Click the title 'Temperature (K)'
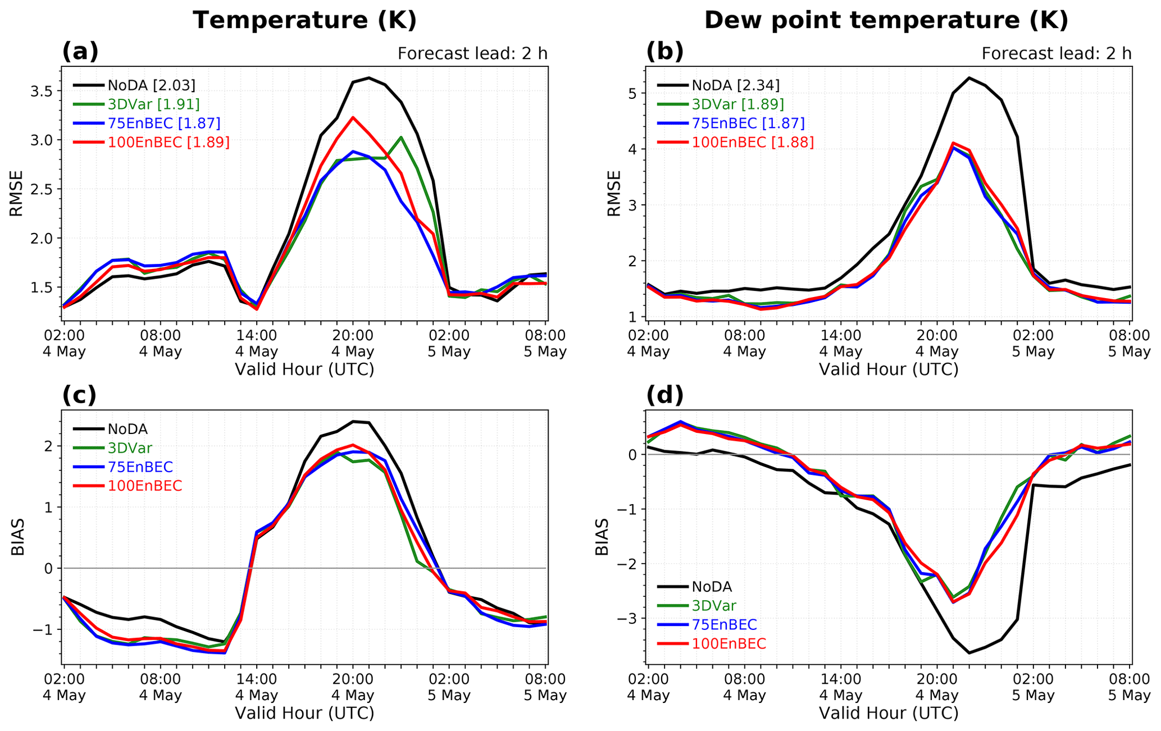[x=304, y=21]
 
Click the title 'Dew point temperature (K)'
[x=886, y=21]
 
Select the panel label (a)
[x=80, y=52]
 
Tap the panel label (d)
[x=664, y=395]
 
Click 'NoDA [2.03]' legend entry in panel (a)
[x=152, y=85]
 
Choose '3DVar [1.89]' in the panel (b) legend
[x=737, y=104]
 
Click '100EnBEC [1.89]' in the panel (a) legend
[x=169, y=143]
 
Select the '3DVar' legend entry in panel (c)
[x=130, y=448]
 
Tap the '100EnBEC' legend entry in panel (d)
[x=729, y=643]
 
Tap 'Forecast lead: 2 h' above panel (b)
[x=1056, y=54]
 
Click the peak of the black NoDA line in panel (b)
[x=969, y=77]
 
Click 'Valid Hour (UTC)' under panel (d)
[x=889, y=713]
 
